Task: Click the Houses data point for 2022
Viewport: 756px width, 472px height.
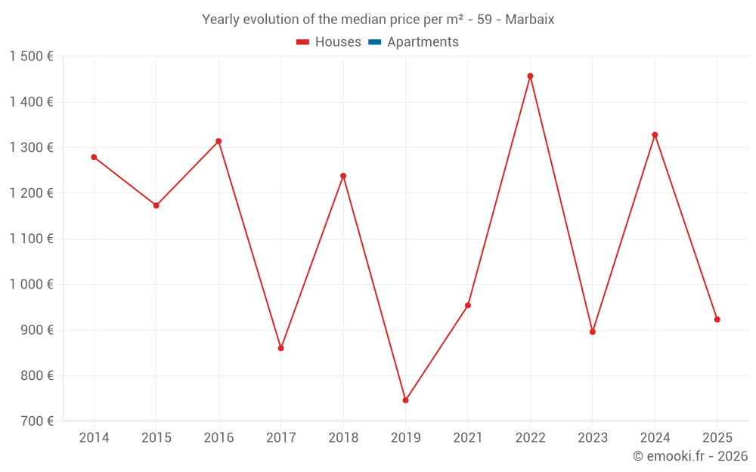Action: tap(530, 76)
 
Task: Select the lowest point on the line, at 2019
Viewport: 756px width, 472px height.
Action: tap(405, 400)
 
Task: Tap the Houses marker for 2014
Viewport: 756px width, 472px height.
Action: tap(94, 157)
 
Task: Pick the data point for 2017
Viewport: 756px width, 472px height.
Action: tap(280, 348)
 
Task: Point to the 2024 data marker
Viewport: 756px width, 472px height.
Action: tap(655, 135)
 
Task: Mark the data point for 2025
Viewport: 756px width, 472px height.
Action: tap(717, 319)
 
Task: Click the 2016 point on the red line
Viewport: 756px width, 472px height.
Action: tap(218, 141)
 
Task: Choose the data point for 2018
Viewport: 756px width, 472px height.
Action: tap(343, 176)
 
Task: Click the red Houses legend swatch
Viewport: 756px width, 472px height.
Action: tap(303, 42)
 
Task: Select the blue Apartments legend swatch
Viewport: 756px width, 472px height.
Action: tap(374, 42)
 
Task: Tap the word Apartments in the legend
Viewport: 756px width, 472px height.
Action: tap(423, 42)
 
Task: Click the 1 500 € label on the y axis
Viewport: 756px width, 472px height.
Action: tap(31, 57)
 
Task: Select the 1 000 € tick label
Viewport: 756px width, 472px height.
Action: tap(31, 285)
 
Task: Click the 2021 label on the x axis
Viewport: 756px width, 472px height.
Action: tap(468, 438)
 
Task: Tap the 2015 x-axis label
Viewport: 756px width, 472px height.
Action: tap(156, 438)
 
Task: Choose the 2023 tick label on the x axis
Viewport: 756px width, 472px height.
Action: tap(593, 438)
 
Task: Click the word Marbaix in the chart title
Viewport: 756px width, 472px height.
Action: tap(529, 20)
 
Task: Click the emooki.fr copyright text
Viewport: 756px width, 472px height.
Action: tap(690, 456)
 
